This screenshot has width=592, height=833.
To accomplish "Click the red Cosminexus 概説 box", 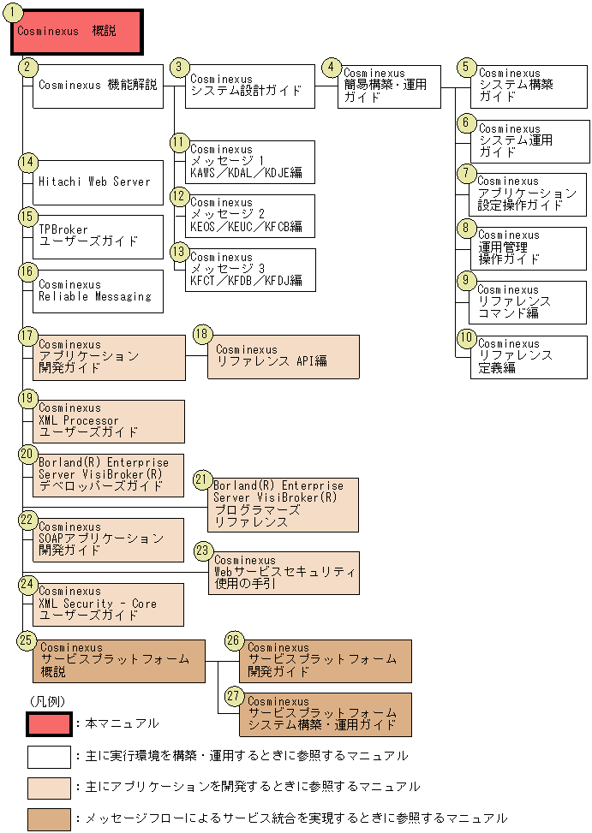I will (75, 33).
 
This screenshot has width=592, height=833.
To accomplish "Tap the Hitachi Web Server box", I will (98, 181).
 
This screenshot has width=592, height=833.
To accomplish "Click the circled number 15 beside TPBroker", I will (28, 217).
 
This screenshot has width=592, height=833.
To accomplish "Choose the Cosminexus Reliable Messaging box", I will (98, 291).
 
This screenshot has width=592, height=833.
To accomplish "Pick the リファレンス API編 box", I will (283, 356).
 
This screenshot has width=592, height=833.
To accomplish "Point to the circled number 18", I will (201, 334).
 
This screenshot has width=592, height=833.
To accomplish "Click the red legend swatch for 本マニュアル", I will (49, 723).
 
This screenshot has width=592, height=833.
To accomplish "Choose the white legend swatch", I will (49, 756).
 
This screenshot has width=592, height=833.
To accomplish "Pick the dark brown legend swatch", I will (49, 818).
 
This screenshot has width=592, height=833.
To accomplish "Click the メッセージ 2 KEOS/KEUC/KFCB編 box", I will (249, 216).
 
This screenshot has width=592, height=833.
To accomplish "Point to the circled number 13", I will (178, 252).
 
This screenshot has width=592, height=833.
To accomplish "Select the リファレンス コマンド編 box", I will (528, 302).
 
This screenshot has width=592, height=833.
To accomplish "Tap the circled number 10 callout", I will (465, 339).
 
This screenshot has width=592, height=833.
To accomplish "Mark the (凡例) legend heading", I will (47, 699).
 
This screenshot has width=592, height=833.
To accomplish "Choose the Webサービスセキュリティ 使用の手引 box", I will (284, 573).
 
